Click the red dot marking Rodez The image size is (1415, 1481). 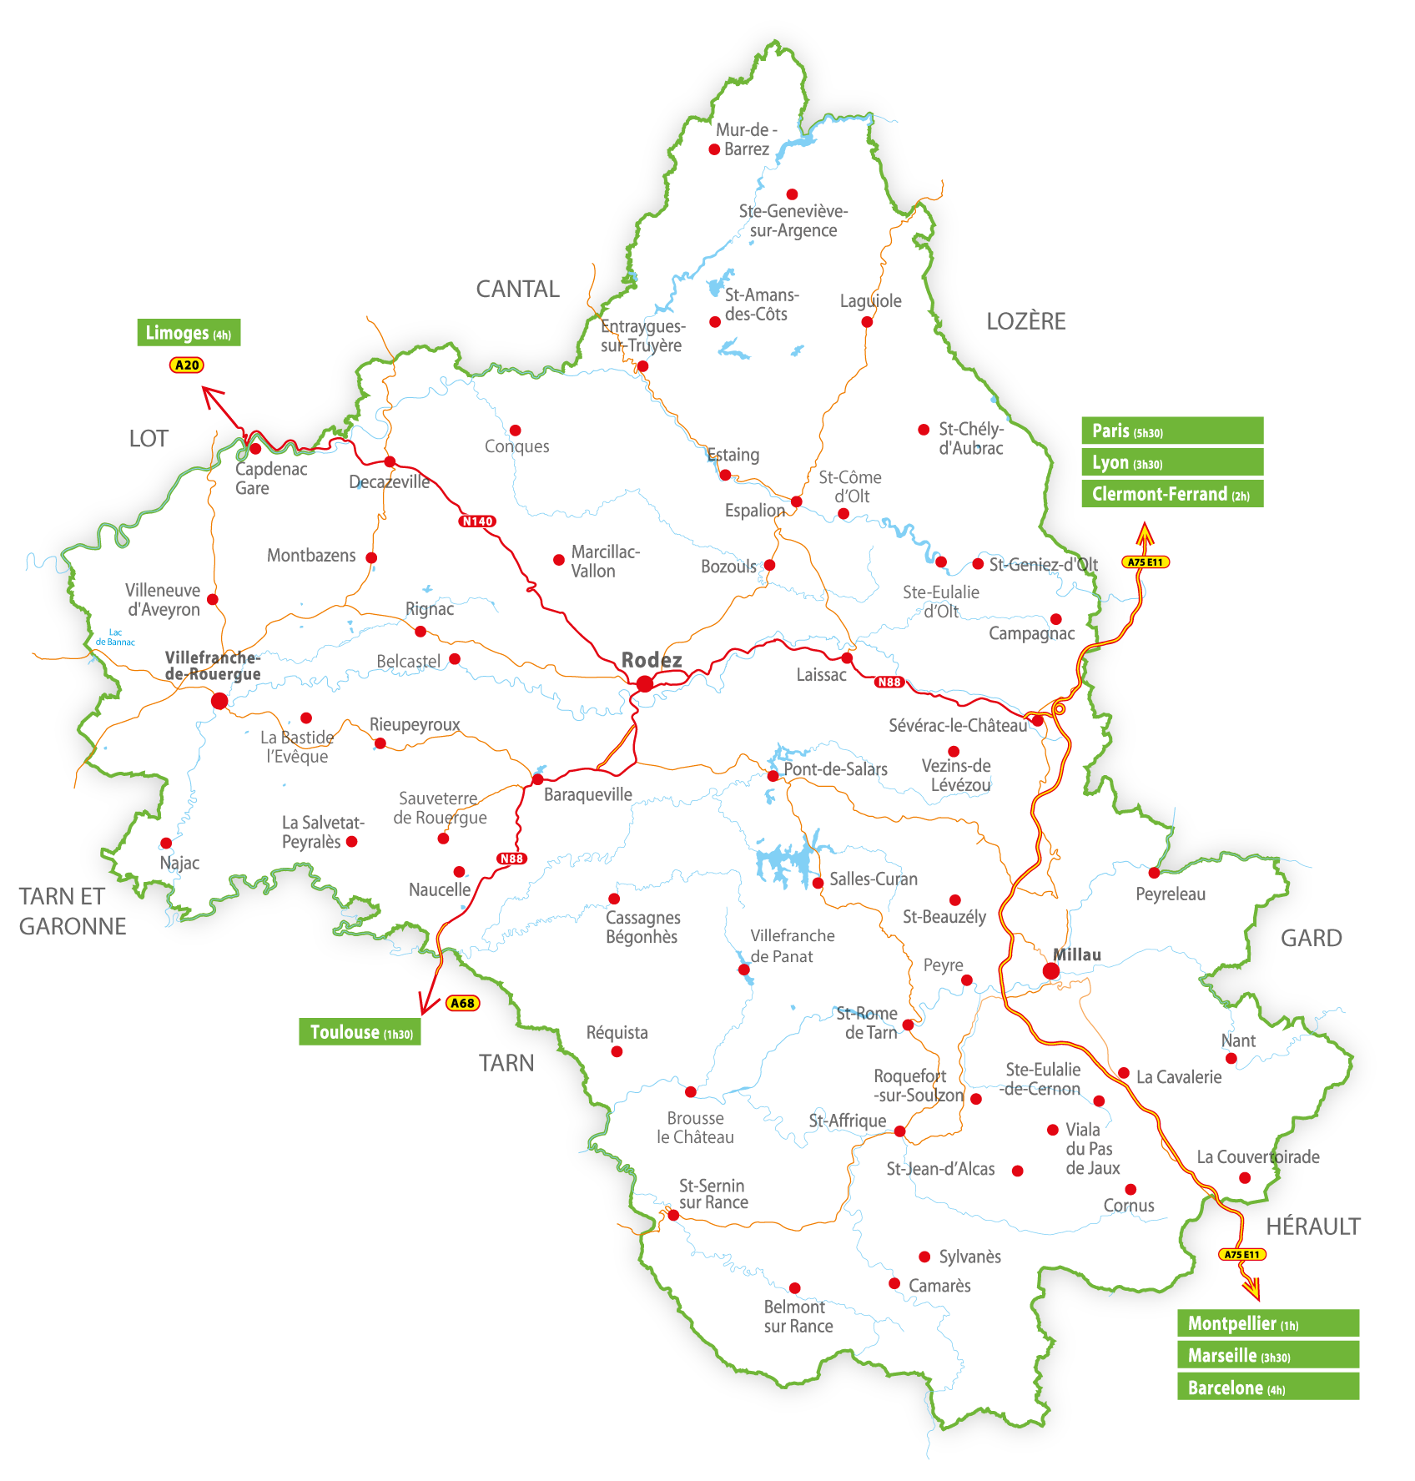pos(645,684)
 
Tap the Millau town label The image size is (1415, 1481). pos(1076,955)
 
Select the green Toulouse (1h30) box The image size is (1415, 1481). pos(360,1032)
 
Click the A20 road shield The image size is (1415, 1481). pos(187,365)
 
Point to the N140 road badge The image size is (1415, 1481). pos(477,521)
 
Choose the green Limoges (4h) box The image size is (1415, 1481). pos(189,333)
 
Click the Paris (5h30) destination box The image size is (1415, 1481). pos(1171,431)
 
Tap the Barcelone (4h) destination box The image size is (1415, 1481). pos(1267,1388)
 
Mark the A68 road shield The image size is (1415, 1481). pos(462,1003)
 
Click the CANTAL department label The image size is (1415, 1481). pos(517,289)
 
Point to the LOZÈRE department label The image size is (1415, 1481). pos(1025,321)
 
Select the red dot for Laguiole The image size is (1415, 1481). pos(867,322)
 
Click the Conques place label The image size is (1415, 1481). pos(516,446)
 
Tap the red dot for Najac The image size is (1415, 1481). pos(166,843)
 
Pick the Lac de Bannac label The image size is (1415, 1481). pos(115,637)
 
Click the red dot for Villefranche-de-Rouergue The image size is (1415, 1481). pos(219,701)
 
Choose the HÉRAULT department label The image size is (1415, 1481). pos(1312,1227)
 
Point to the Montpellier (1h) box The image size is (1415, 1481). pos(1267,1323)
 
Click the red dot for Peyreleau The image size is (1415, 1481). pos(1154,873)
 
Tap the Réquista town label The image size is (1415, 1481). pos(617,1033)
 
